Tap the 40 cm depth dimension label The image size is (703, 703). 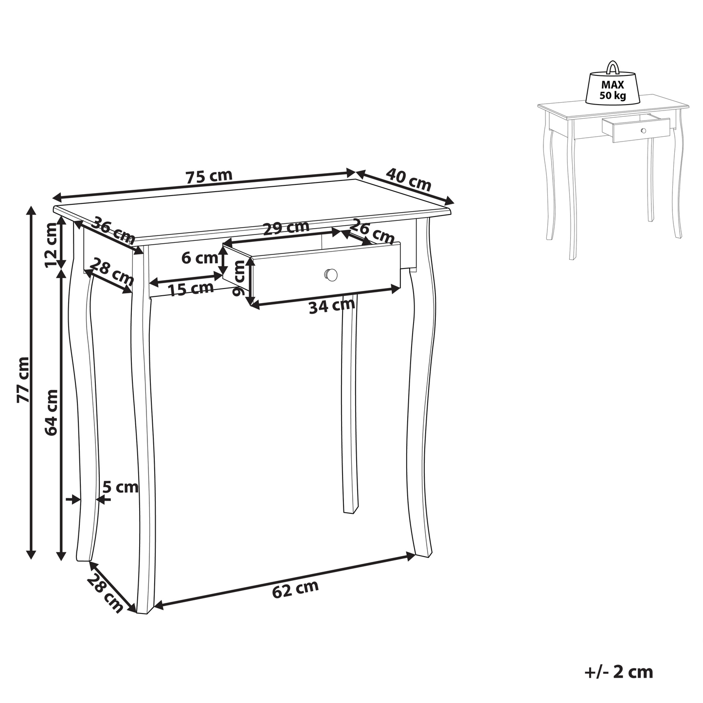(409, 180)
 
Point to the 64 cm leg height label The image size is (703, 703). (51, 412)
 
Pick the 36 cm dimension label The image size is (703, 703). (113, 230)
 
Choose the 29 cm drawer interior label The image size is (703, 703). (286, 228)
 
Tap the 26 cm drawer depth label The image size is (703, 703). (372, 231)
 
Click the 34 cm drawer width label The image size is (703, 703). (332, 306)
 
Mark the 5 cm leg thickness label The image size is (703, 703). (120, 487)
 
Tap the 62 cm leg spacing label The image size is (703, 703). (295, 588)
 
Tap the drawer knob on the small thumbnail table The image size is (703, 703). (643, 130)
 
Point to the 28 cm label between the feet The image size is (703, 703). (105, 593)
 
